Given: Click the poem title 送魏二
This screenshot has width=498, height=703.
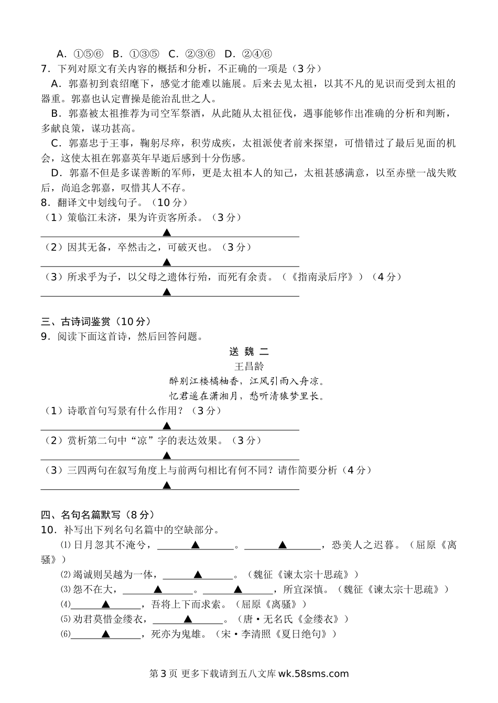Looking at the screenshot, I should [248, 351].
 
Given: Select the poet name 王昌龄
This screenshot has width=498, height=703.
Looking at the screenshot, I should [248, 366].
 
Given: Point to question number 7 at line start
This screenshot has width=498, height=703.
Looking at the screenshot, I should [45, 68].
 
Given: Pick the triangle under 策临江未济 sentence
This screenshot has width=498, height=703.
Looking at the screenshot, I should [167, 232].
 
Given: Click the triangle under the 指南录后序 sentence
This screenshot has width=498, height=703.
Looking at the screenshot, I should [167, 292].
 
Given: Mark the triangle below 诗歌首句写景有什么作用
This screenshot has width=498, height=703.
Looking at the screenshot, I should [167, 425].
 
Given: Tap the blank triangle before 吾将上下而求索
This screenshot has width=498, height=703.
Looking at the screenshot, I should [105, 605].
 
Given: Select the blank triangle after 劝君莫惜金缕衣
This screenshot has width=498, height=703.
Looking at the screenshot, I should [188, 620].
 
